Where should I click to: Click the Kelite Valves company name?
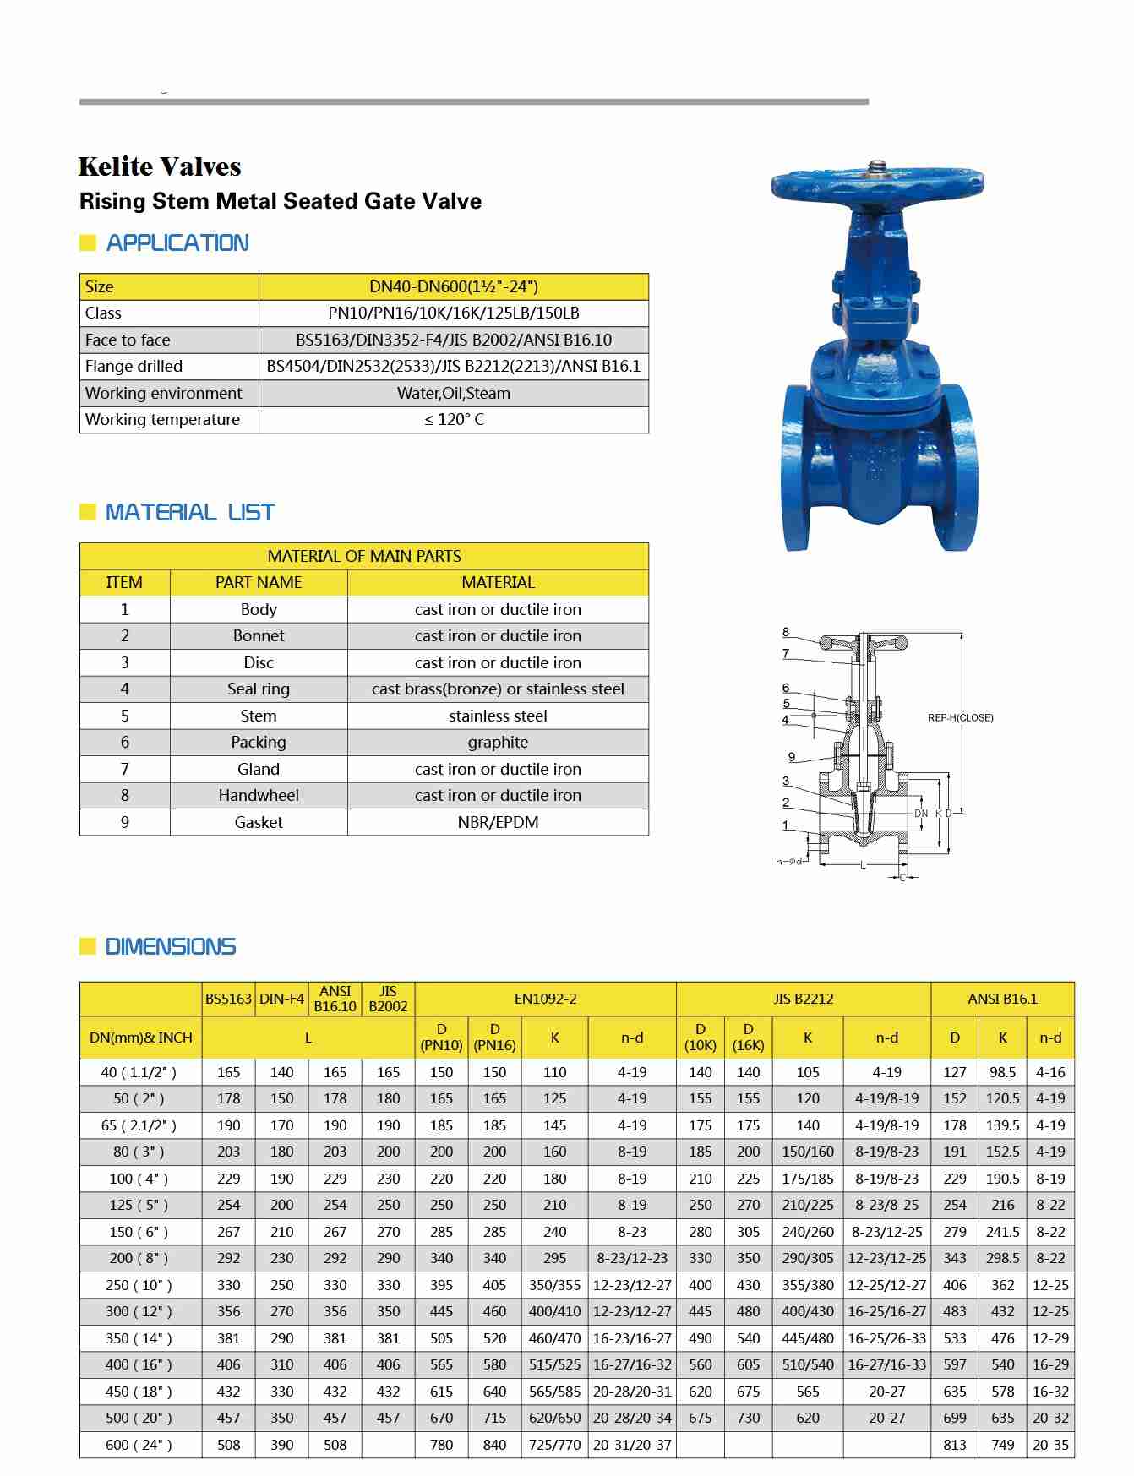pyautogui.click(x=160, y=166)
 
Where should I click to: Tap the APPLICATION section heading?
pyautogui.click(x=177, y=243)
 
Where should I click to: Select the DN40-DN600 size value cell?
pyautogui.click(x=453, y=286)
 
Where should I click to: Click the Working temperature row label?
pyautogui.click(x=162, y=419)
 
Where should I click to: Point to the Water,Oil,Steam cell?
pyautogui.click(x=453, y=393)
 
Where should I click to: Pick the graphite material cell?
pyautogui.click(x=498, y=742)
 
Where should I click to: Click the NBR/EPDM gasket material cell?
pyautogui.click(x=498, y=822)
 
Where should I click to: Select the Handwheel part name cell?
pyautogui.click(x=258, y=795)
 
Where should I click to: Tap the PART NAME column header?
pyautogui.click(x=258, y=582)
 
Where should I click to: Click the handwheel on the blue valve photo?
pyautogui.click(x=876, y=181)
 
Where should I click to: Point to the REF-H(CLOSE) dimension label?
pyautogui.click(x=960, y=718)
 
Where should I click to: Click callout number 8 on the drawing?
pyautogui.click(x=786, y=632)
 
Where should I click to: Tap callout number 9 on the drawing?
pyautogui.click(x=792, y=757)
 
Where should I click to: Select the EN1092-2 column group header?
pyautogui.click(x=545, y=999)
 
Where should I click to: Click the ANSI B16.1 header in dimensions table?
pyautogui.click(x=1002, y=999)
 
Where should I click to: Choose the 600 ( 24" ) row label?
pyautogui.click(x=139, y=1445)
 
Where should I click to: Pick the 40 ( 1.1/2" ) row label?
pyautogui.click(x=139, y=1072)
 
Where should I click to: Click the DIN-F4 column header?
pyautogui.click(x=281, y=999)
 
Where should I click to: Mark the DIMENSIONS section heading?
pyautogui.click(x=170, y=946)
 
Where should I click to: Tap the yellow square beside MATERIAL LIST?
pyautogui.click(x=87, y=512)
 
